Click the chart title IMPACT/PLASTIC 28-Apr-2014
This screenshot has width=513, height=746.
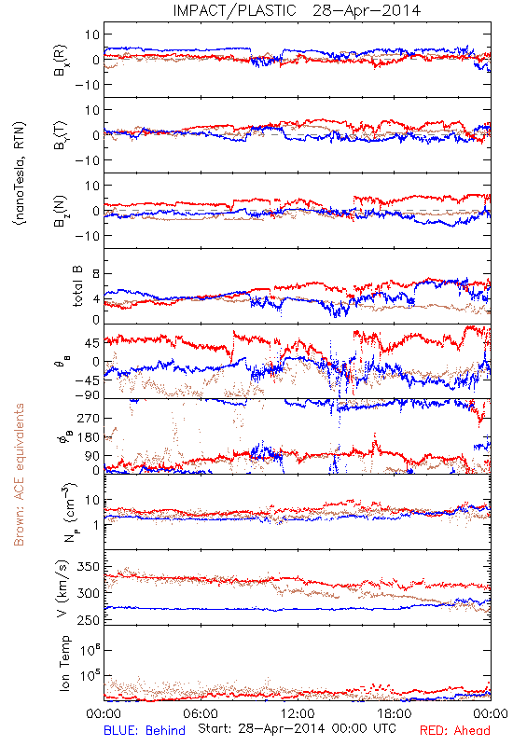[x=297, y=10]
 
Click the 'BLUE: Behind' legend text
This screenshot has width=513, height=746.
[x=145, y=730]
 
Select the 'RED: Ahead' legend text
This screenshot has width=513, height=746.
[x=454, y=730]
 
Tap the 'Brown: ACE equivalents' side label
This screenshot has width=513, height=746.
[x=19, y=475]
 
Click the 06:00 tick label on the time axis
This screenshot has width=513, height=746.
[x=201, y=713]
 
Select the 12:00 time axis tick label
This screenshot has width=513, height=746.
[x=298, y=713]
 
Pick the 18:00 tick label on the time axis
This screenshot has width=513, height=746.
[x=395, y=713]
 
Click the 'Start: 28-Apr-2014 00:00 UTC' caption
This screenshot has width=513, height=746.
[x=297, y=728]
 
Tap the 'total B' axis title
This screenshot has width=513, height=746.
[x=77, y=286]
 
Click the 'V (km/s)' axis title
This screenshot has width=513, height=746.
[x=62, y=588]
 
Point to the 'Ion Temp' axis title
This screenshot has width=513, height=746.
[x=64, y=663]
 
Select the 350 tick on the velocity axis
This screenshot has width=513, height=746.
[x=90, y=567]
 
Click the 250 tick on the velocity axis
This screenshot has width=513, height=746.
[x=90, y=620]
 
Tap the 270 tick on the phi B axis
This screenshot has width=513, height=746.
[x=90, y=419]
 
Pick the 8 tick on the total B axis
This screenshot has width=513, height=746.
[x=96, y=274]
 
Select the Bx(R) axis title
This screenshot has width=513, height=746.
[x=61, y=60]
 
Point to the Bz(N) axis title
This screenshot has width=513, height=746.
[x=61, y=211]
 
